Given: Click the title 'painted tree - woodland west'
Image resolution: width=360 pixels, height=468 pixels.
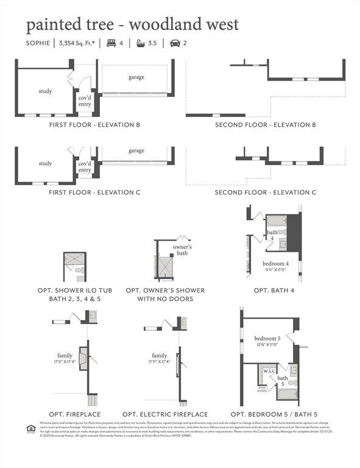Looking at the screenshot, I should click(x=132, y=25).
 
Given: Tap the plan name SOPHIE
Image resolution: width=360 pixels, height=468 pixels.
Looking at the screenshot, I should click(x=38, y=43).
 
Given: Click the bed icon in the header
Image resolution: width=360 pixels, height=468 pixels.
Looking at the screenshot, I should click(x=111, y=43).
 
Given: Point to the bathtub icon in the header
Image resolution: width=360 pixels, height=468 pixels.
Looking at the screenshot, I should click(x=141, y=43).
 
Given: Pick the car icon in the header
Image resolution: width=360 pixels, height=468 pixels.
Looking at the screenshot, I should click(x=175, y=43).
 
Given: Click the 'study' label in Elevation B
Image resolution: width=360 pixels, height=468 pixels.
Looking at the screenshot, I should click(x=45, y=91).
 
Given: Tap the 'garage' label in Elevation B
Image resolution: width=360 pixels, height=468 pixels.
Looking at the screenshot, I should click(x=136, y=77).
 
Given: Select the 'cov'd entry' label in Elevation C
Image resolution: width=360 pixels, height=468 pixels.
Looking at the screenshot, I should click(x=85, y=166).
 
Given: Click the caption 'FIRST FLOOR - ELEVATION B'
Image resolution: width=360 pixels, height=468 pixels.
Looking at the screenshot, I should click(x=94, y=125).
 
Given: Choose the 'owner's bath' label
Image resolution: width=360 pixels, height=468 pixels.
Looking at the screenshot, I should click(x=183, y=249).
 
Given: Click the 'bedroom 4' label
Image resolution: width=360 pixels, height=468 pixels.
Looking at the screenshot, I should click(x=275, y=263).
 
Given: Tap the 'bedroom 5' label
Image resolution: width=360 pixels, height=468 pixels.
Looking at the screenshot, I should click(x=266, y=339).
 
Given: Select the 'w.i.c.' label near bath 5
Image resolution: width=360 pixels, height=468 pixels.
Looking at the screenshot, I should click(x=269, y=370).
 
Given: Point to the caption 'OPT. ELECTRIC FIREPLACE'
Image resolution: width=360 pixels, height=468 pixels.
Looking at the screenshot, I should click(x=165, y=414).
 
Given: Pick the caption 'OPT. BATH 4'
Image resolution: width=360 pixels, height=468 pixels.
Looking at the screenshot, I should click(x=274, y=291).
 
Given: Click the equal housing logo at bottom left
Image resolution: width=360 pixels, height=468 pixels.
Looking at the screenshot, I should click(x=30, y=428).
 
